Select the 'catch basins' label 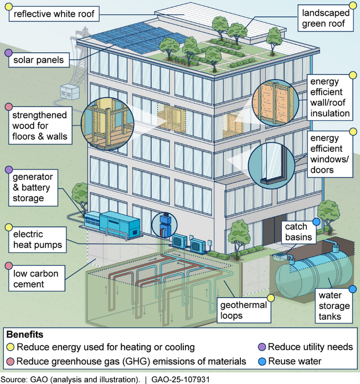point(299,232)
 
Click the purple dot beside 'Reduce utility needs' point(262,347)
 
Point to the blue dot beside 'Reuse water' point(262,361)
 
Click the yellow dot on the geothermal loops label point(271,298)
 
